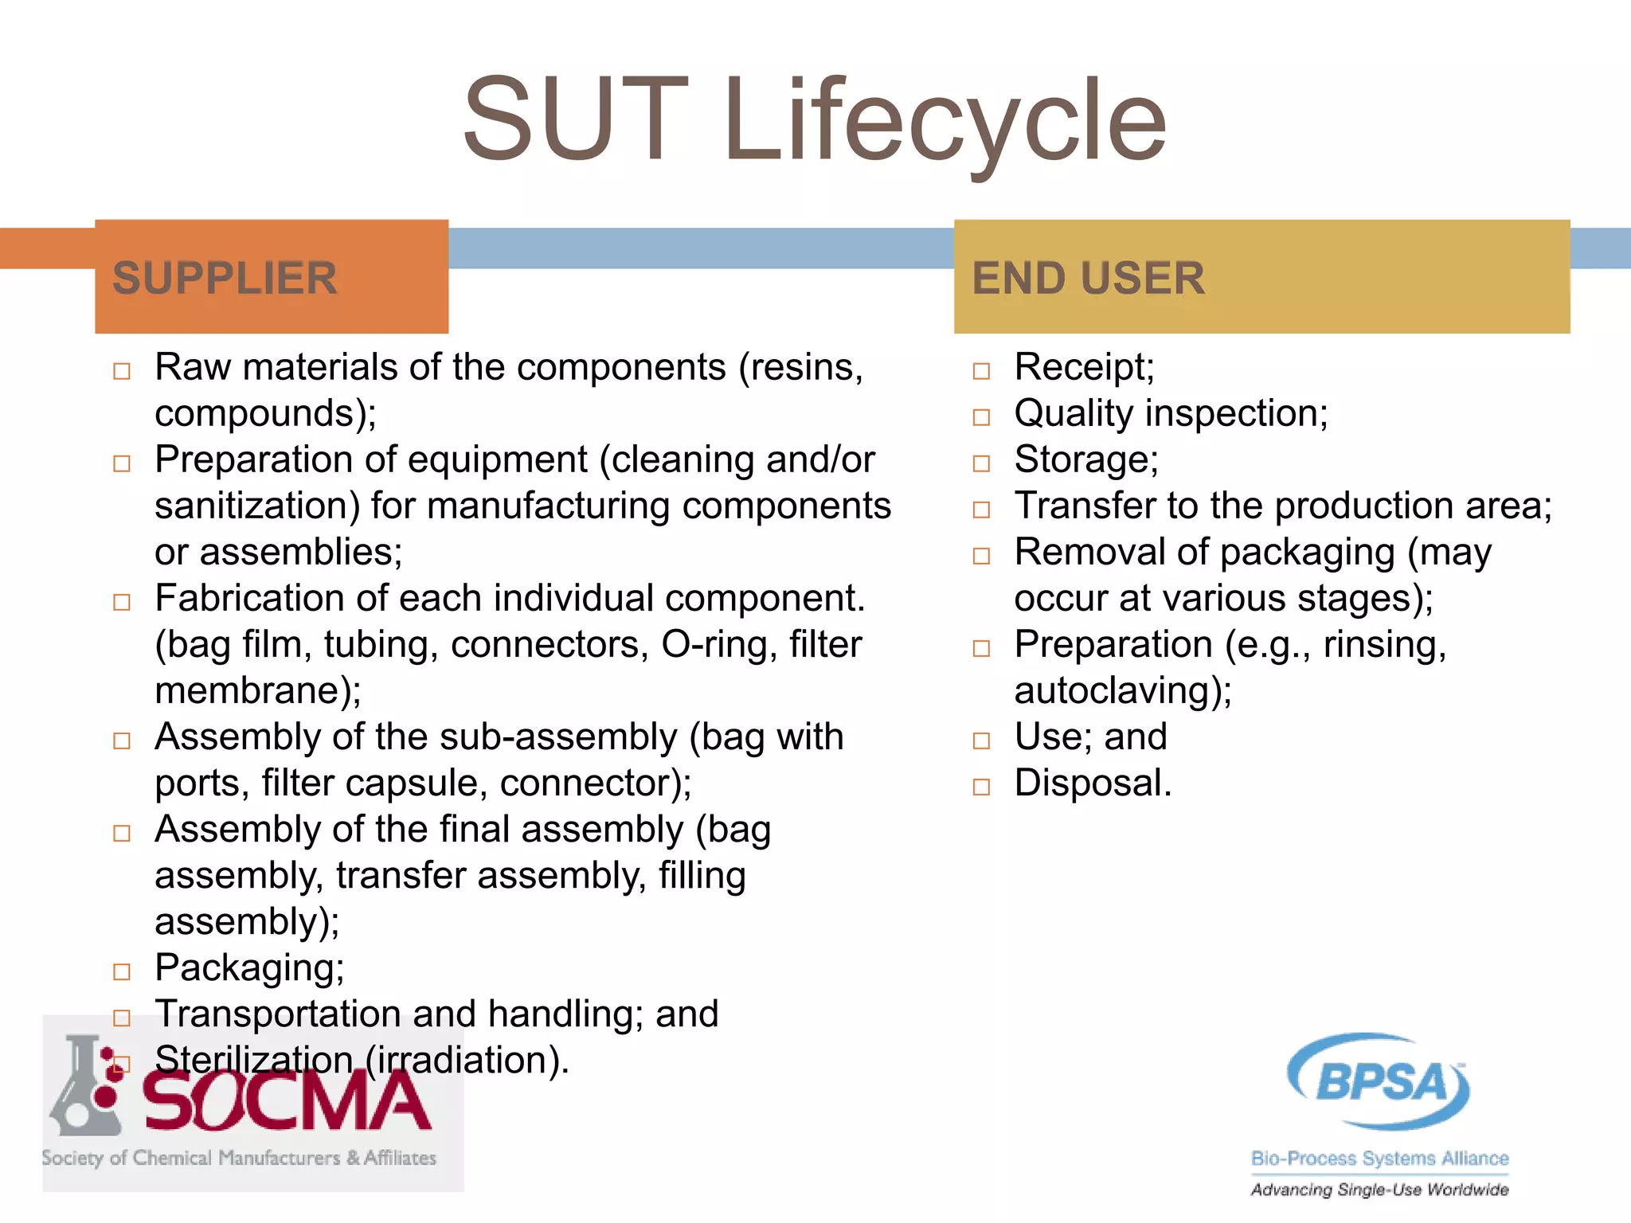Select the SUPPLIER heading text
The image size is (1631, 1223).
click(x=225, y=279)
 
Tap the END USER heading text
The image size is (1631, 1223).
click(x=1088, y=279)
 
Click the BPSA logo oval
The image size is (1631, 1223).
click(x=1379, y=1081)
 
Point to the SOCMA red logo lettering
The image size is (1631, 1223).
click(x=287, y=1103)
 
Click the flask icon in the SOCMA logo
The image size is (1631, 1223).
click(x=84, y=1087)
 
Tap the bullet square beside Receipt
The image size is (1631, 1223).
click(x=981, y=371)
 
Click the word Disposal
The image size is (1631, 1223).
click(x=1092, y=783)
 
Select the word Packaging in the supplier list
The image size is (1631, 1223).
click(x=248, y=968)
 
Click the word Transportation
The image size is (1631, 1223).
click(x=278, y=1014)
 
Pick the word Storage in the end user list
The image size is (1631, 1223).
click(x=1085, y=460)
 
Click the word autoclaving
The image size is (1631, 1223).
click(x=1122, y=691)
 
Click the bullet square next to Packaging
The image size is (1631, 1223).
click(x=122, y=972)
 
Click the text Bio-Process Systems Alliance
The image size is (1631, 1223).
click(x=1379, y=1159)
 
